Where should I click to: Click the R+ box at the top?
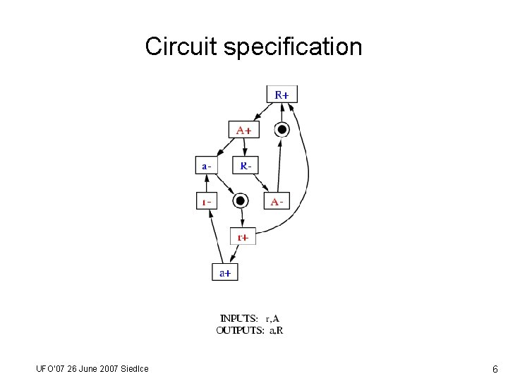[x=282, y=94]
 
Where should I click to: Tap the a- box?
[x=206, y=166]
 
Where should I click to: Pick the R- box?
[x=244, y=166]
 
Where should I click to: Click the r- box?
[x=206, y=202]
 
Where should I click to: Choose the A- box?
[x=277, y=202]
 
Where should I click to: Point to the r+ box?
[x=243, y=237]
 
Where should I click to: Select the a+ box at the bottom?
[x=225, y=272]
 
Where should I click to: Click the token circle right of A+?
[x=282, y=129]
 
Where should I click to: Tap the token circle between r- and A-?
[x=241, y=201]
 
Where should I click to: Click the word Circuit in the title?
[x=181, y=47]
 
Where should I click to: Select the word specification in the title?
[x=293, y=47]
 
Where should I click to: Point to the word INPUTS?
[x=239, y=318]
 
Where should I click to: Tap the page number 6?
[x=495, y=369]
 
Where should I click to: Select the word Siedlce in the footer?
[x=133, y=368]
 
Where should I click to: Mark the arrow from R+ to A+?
[x=262, y=112]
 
